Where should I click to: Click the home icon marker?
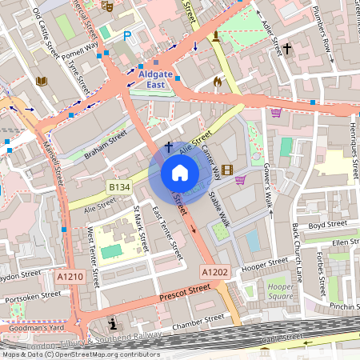click(x=180, y=173)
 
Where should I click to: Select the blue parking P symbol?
click(x=127, y=36)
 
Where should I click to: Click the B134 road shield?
click(x=119, y=186)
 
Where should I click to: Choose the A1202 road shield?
click(x=214, y=272)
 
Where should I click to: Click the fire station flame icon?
click(x=217, y=81)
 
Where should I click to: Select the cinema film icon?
click(x=228, y=169)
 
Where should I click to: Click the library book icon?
click(x=42, y=81)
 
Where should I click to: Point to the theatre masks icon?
click(x=107, y=6)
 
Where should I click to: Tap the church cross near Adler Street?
click(x=287, y=49)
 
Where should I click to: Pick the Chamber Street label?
click(x=199, y=322)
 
